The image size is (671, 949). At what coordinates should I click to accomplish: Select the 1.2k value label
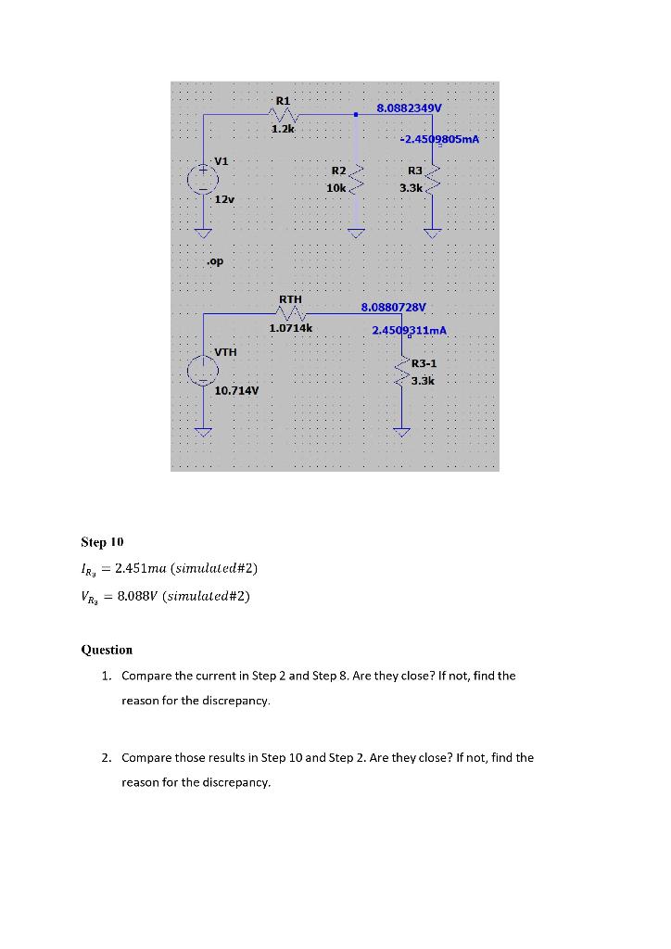[x=283, y=129]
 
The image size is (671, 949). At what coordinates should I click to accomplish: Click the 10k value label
[x=335, y=187]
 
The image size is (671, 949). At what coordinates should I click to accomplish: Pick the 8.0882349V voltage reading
[x=409, y=108]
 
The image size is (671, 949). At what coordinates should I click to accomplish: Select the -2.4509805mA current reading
[x=439, y=139]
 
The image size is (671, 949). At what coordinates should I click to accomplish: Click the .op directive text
[x=215, y=262]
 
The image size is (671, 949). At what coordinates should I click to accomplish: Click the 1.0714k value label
[x=291, y=328]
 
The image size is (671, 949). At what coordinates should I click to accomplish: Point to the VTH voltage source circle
[x=203, y=371]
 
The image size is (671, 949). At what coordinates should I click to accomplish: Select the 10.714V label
[x=236, y=391]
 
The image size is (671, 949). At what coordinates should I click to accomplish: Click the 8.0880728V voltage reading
[x=394, y=306]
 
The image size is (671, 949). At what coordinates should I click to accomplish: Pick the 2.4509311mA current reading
[x=409, y=330]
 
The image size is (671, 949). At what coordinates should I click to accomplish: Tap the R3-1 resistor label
[x=424, y=364]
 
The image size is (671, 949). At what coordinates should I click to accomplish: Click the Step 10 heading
[x=102, y=541]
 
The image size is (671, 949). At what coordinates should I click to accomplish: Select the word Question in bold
[x=108, y=650]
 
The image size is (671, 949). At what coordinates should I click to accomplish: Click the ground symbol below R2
[x=353, y=232]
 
